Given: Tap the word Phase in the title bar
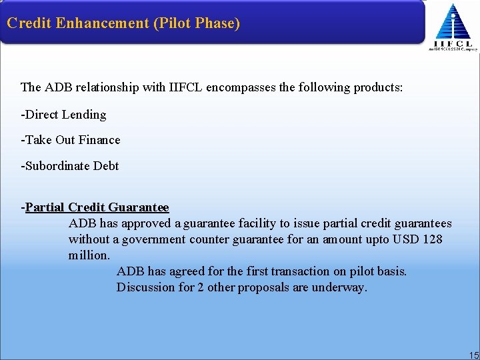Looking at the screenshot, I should (212, 23).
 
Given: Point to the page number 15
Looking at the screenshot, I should (473, 355).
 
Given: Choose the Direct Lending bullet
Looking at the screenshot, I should (64, 115).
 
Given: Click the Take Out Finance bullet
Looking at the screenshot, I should (71, 140).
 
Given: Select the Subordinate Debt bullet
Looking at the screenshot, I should (70, 166).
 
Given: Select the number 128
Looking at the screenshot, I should (433, 239).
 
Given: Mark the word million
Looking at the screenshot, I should (89, 255).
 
